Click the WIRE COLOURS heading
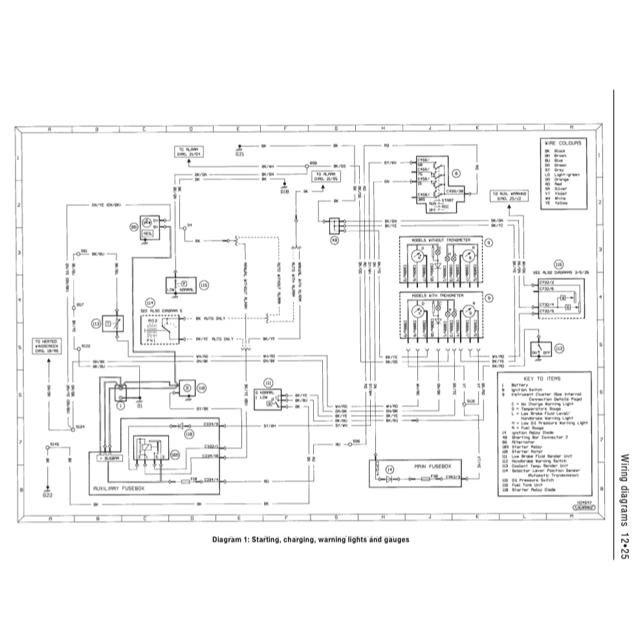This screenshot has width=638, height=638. [x=562, y=142]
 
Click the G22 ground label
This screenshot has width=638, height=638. [x=48, y=496]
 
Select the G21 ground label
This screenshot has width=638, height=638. [x=240, y=155]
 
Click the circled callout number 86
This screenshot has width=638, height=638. [x=134, y=227]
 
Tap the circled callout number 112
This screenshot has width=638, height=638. [x=559, y=347]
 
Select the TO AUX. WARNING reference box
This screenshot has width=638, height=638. [x=508, y=196]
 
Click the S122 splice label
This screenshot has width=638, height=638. [x=85, y=347]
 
